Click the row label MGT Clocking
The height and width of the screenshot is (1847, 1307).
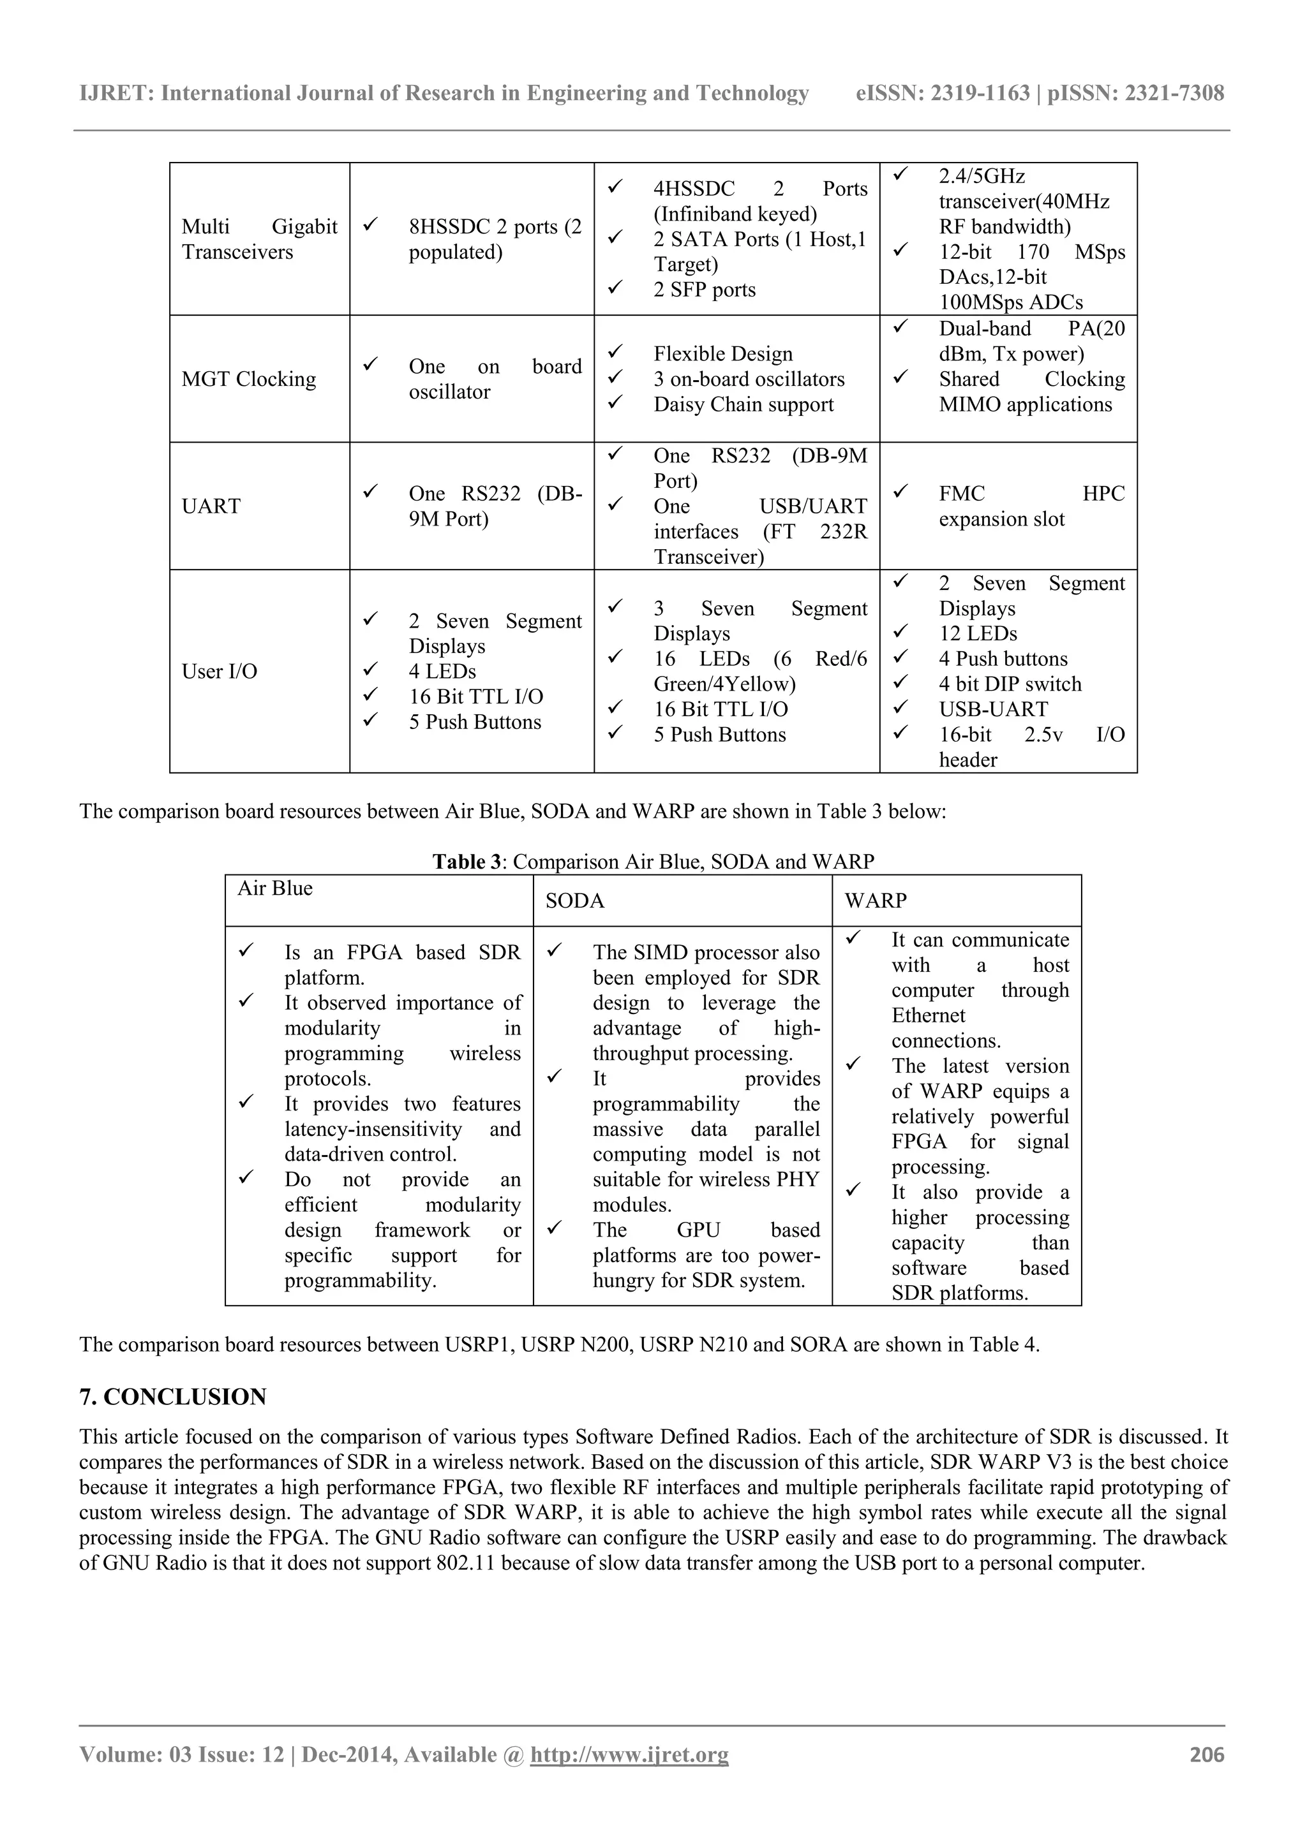pyautogui.click(x=249, y=379)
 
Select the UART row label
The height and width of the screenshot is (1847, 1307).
pyautogui.click(x=211, y=506)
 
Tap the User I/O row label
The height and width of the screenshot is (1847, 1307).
pyautogui.click(x=219, y=671)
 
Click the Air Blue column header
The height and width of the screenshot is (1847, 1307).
pyautogui.click(x=274, y=888)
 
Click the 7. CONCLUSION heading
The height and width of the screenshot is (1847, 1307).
pyautogui.click(x=172, y=1397)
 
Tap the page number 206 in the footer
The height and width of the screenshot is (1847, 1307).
pyautogui.click(x=1206, y=1755)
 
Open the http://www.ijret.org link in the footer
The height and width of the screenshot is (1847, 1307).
pyautogui.click(x=629, y=1755)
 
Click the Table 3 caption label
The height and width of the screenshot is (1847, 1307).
pyautogui.click(x=466, y=862)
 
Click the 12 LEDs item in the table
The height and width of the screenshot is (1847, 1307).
pyautogui.click(x=978, y=633)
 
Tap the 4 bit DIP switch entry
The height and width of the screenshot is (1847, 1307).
pyautogui.click(x=1010, y=684)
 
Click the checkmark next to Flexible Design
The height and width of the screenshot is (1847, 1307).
pyautogui.click(x=616, y=351)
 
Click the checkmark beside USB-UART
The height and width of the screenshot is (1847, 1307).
pyautogui.click(x=900, y=707)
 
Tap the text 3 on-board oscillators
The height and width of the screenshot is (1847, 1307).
pyautogui.click(x=749, y=379)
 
